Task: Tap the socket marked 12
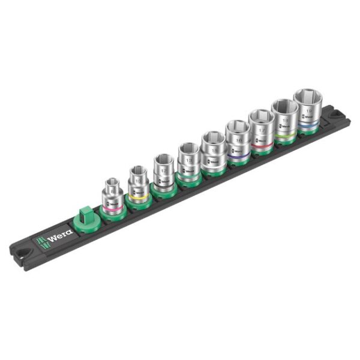(163, 171)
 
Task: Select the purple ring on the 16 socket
(238, 155)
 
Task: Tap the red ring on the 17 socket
(262, 143)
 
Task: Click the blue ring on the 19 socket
(308, 124)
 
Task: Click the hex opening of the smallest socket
(112, 182)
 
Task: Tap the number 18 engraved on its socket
(285, 120)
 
